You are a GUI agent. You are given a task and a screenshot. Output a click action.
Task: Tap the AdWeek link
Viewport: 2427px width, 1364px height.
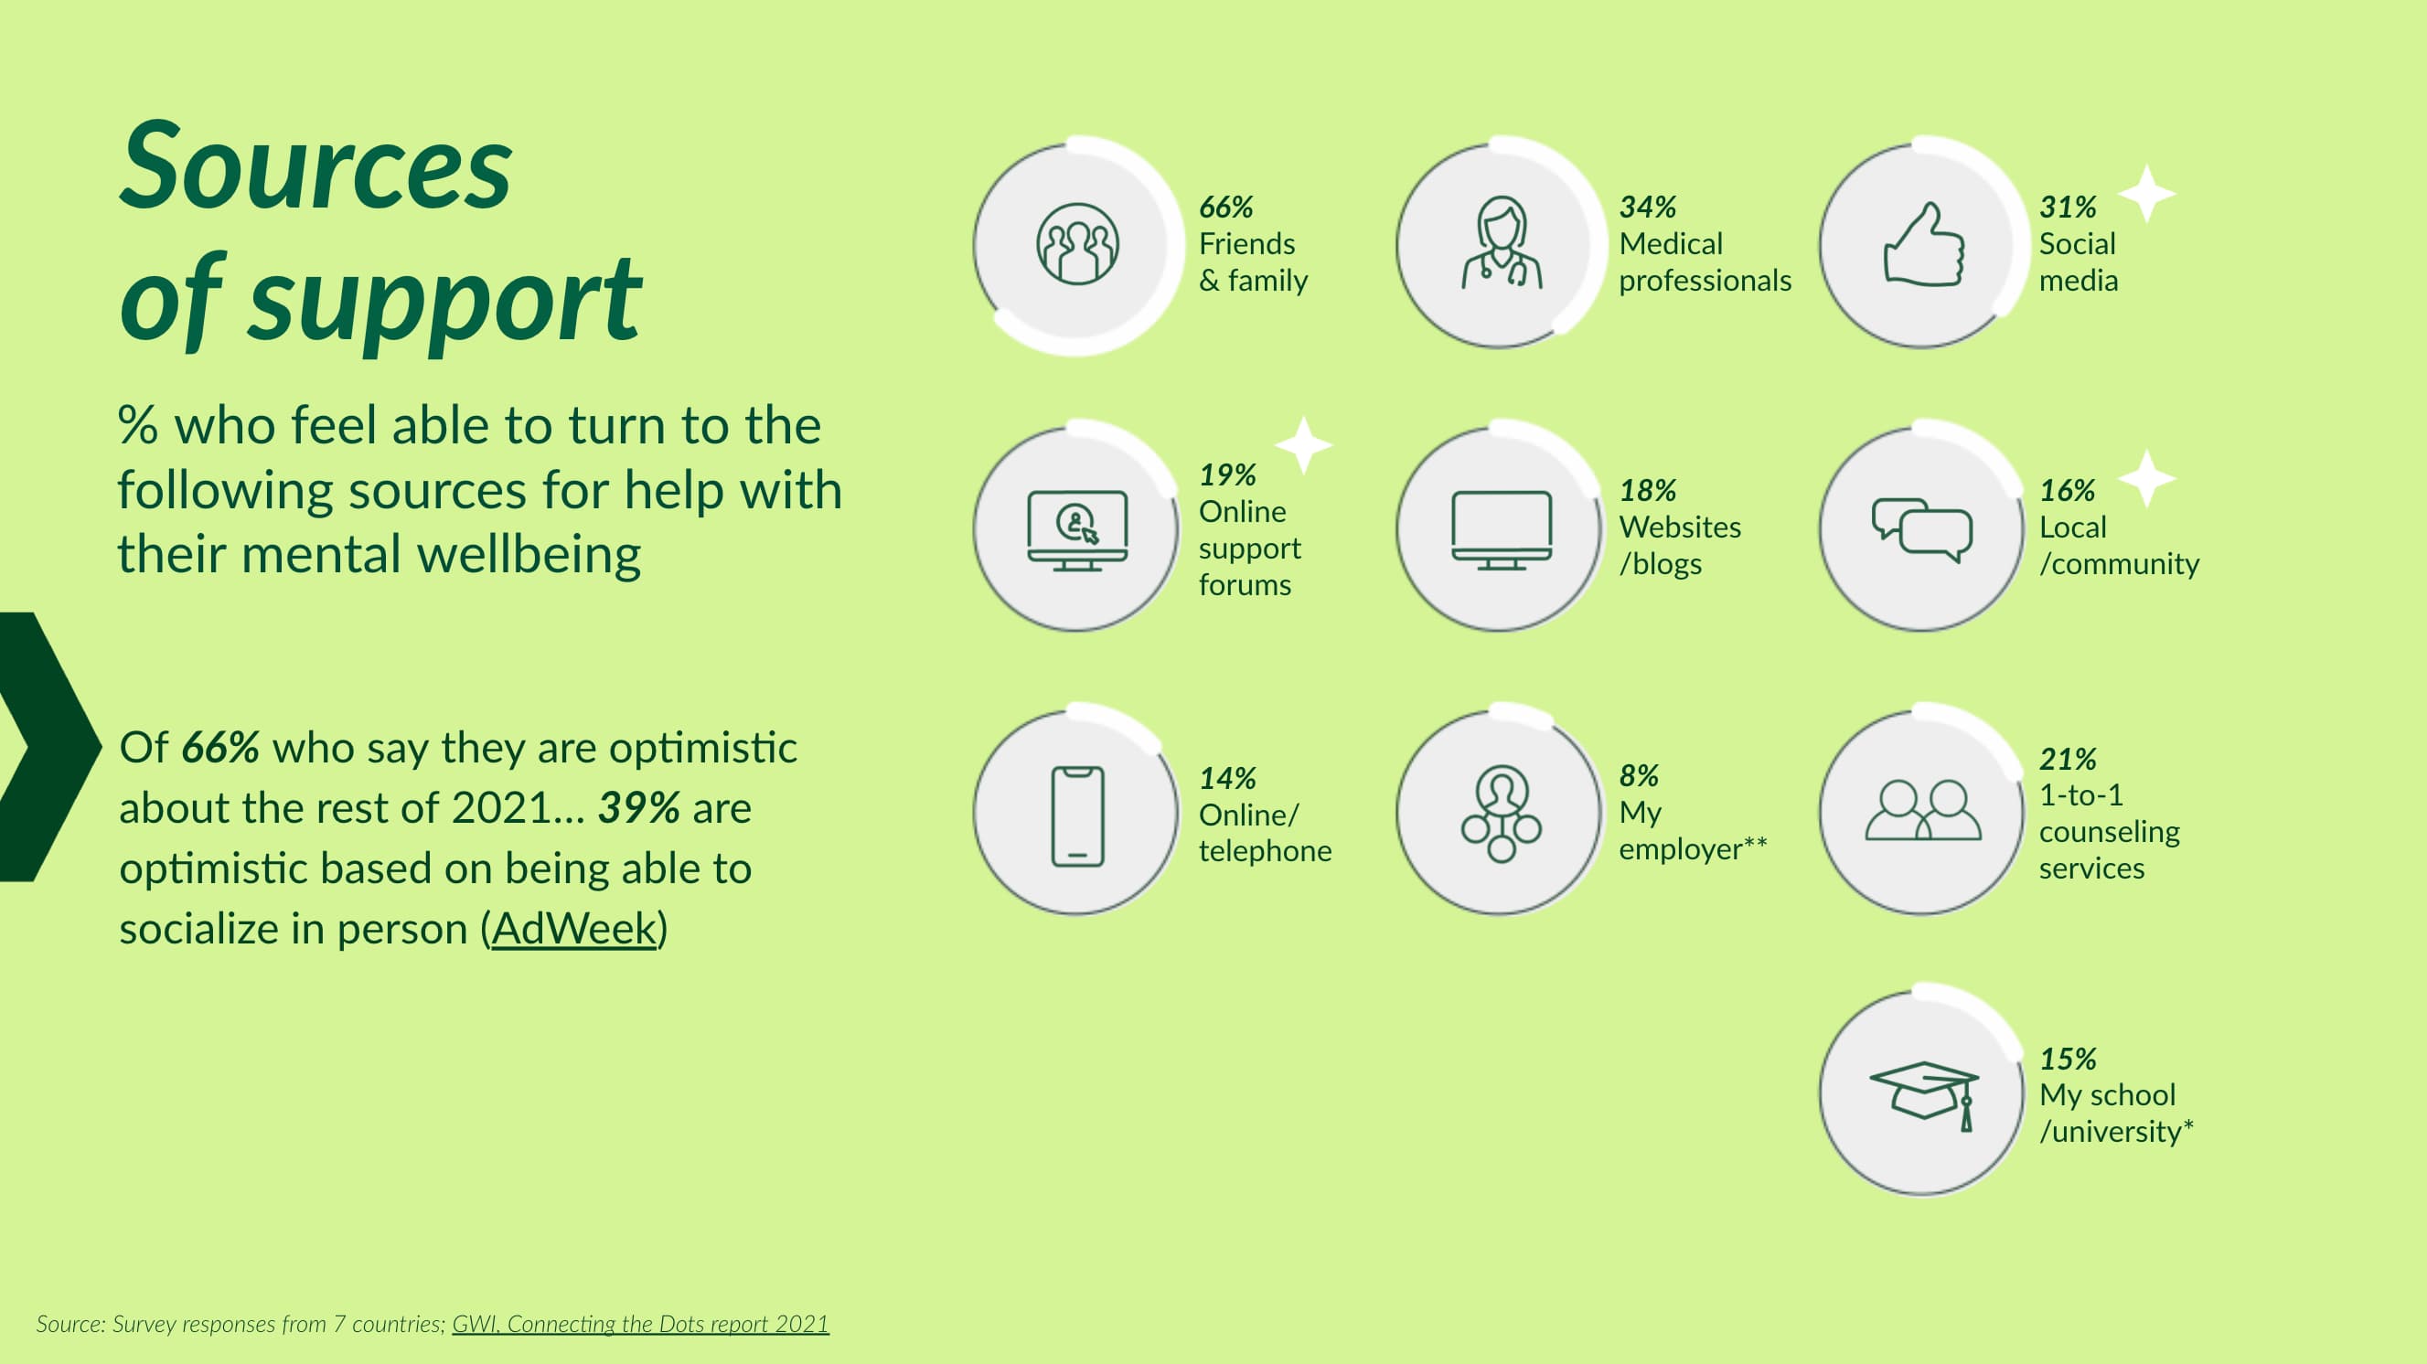pos(572,928)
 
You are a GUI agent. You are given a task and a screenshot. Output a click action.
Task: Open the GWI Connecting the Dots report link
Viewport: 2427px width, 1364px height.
pos(641,1324)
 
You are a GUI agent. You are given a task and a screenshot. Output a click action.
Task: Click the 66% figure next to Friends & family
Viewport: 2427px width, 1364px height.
pos(1225,207)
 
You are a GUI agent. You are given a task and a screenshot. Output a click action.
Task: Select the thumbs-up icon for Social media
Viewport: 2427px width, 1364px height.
pos(1924,244)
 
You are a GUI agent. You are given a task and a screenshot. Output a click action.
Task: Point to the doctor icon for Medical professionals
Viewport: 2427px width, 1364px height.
pos(1502,243)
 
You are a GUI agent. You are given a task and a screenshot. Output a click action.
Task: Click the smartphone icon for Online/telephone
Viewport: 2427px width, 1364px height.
pos(1078,815)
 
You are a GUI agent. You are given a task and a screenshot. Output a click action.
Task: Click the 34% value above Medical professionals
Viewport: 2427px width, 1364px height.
pos(1648,207)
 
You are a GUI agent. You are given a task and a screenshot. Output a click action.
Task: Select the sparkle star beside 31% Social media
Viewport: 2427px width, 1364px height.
pos(2147,194)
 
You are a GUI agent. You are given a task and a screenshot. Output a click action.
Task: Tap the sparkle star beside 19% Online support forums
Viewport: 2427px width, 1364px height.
pos(1304,444)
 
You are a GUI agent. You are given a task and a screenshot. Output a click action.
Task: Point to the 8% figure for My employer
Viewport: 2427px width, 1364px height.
pos(1639,775)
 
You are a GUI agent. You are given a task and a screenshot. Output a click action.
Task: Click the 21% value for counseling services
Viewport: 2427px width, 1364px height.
pos(2068,758)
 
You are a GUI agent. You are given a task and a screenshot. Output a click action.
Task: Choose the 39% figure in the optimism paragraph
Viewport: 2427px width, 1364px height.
pos(639,807)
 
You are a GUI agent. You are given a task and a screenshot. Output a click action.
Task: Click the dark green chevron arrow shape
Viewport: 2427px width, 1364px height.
pos(48,746)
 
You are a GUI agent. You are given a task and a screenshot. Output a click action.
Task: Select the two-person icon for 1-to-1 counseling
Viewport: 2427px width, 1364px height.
pos(1924,810)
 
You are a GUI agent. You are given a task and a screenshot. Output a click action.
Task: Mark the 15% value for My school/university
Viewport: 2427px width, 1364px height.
pos(2068,1058)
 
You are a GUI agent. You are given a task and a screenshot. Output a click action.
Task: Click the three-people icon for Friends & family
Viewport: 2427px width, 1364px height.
pos(1078,244)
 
